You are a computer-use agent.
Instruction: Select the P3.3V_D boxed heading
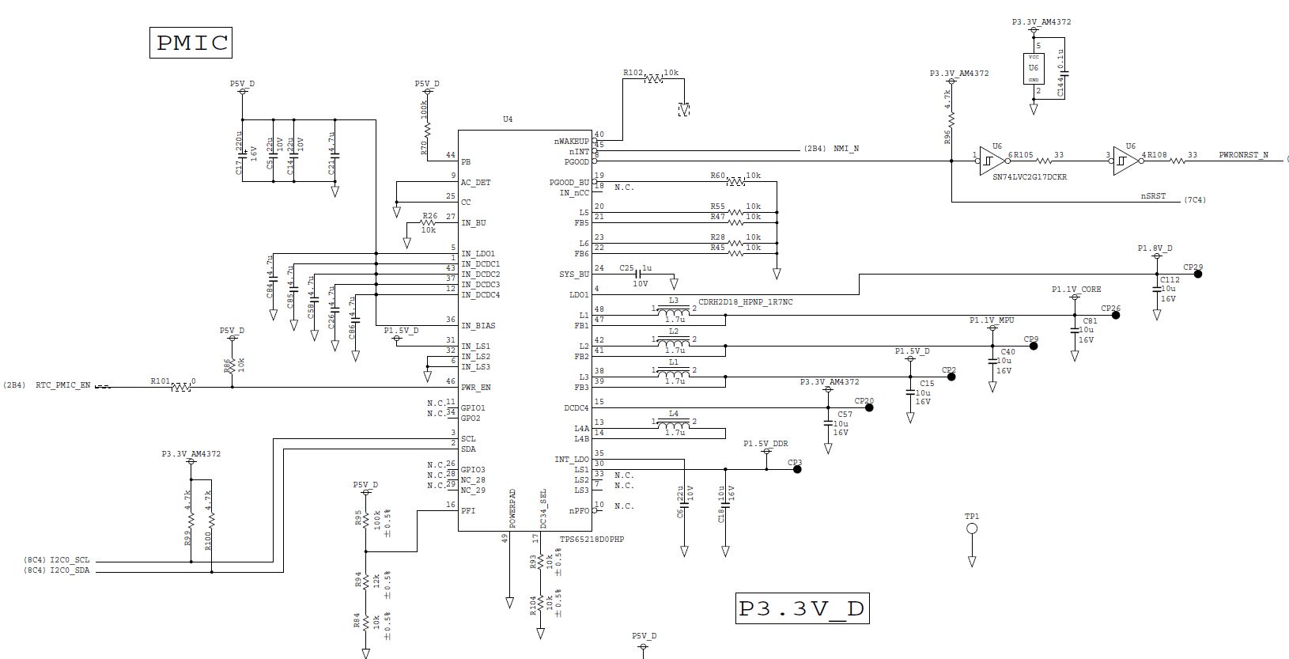[802, 608]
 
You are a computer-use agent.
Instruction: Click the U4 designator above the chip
[508, 119]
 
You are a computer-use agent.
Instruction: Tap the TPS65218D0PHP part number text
[592, 540]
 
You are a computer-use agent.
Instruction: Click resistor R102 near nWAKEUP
[653, 79]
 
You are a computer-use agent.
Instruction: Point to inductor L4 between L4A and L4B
[673, 422]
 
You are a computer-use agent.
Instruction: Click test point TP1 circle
[972, 528]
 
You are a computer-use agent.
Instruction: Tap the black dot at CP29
[1198, 274]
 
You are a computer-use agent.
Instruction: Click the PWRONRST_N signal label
[1243, 155]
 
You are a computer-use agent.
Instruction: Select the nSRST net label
[1152, 196]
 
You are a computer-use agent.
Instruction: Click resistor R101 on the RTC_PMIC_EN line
[181, 387]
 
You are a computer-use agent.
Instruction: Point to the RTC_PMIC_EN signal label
[63, 385]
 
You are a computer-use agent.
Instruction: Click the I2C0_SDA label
[75, 570]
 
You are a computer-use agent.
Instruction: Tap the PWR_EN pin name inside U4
[476, 388]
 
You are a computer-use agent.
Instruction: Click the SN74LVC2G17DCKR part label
[1030, 177]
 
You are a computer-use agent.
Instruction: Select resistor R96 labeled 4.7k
[951, 119]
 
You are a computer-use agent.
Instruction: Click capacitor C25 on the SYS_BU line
[637, 274]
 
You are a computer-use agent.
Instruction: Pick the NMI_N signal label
[846, 149]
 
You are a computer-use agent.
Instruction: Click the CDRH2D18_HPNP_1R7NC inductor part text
[745, 302]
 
